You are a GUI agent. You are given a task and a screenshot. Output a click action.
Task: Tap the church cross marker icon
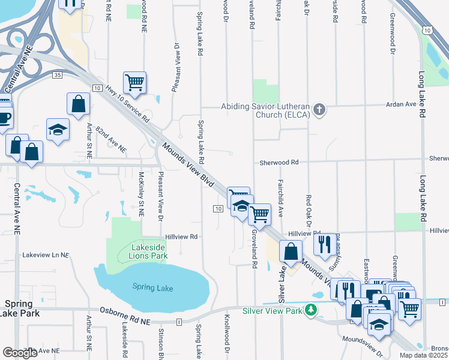click(319, 110)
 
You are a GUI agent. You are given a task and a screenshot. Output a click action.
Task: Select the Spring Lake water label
click(152, 288)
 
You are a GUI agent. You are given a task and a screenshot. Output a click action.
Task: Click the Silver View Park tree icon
click(310, 310)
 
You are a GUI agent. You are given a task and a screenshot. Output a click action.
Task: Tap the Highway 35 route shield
click(57, 75)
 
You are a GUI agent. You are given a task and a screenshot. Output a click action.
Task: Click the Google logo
click(19, 353)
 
